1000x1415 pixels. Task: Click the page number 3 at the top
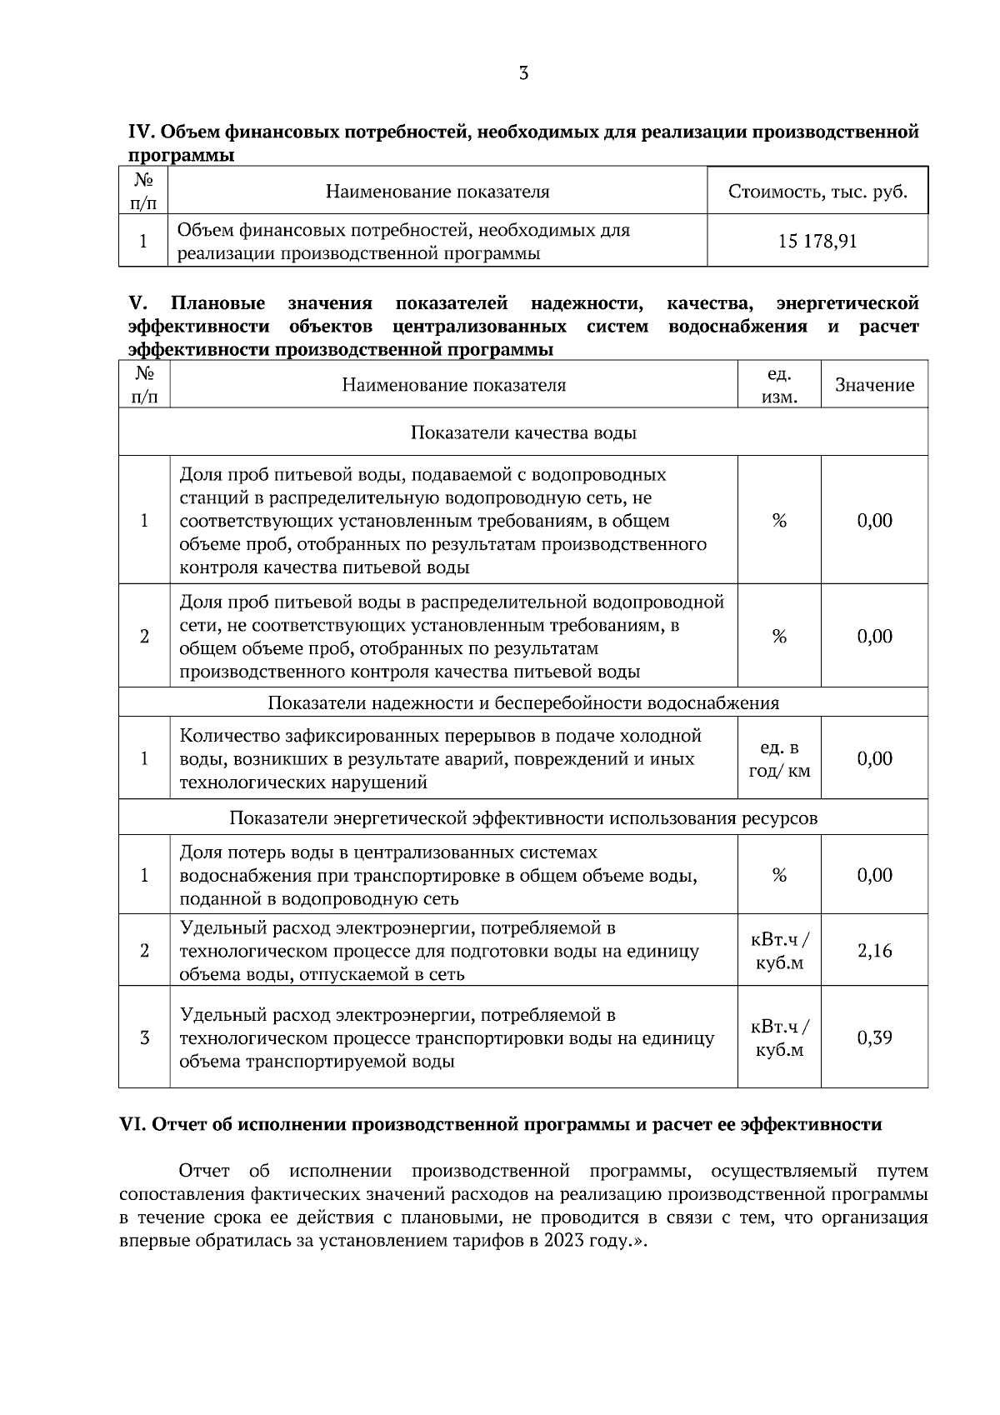tap(523, 73)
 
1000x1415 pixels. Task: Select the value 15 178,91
tap(817, 242)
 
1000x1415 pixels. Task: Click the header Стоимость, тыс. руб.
tap(817, 192)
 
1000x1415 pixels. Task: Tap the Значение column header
tap(874, 385)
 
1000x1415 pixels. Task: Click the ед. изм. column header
tap(779, 385)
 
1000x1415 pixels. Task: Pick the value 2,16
tap(874, 951)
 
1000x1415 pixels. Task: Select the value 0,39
tap(874, 1037)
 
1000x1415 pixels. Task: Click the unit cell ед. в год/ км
tap(779, 759)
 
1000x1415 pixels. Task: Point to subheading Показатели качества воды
tap(523, 432)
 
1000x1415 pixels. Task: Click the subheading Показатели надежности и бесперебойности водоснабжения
tap(523, 702)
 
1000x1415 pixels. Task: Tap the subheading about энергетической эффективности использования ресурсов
tap(523, 817)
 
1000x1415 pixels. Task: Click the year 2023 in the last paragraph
tap(563, 1241)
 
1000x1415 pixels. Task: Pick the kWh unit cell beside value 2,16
tap(779, 951)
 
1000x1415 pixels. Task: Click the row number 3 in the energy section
tap(144, 1037)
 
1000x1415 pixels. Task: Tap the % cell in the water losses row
tap(779, 875)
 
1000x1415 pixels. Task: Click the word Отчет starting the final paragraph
tap(204, 1171)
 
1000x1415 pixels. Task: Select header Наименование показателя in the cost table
tap(437, 192)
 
